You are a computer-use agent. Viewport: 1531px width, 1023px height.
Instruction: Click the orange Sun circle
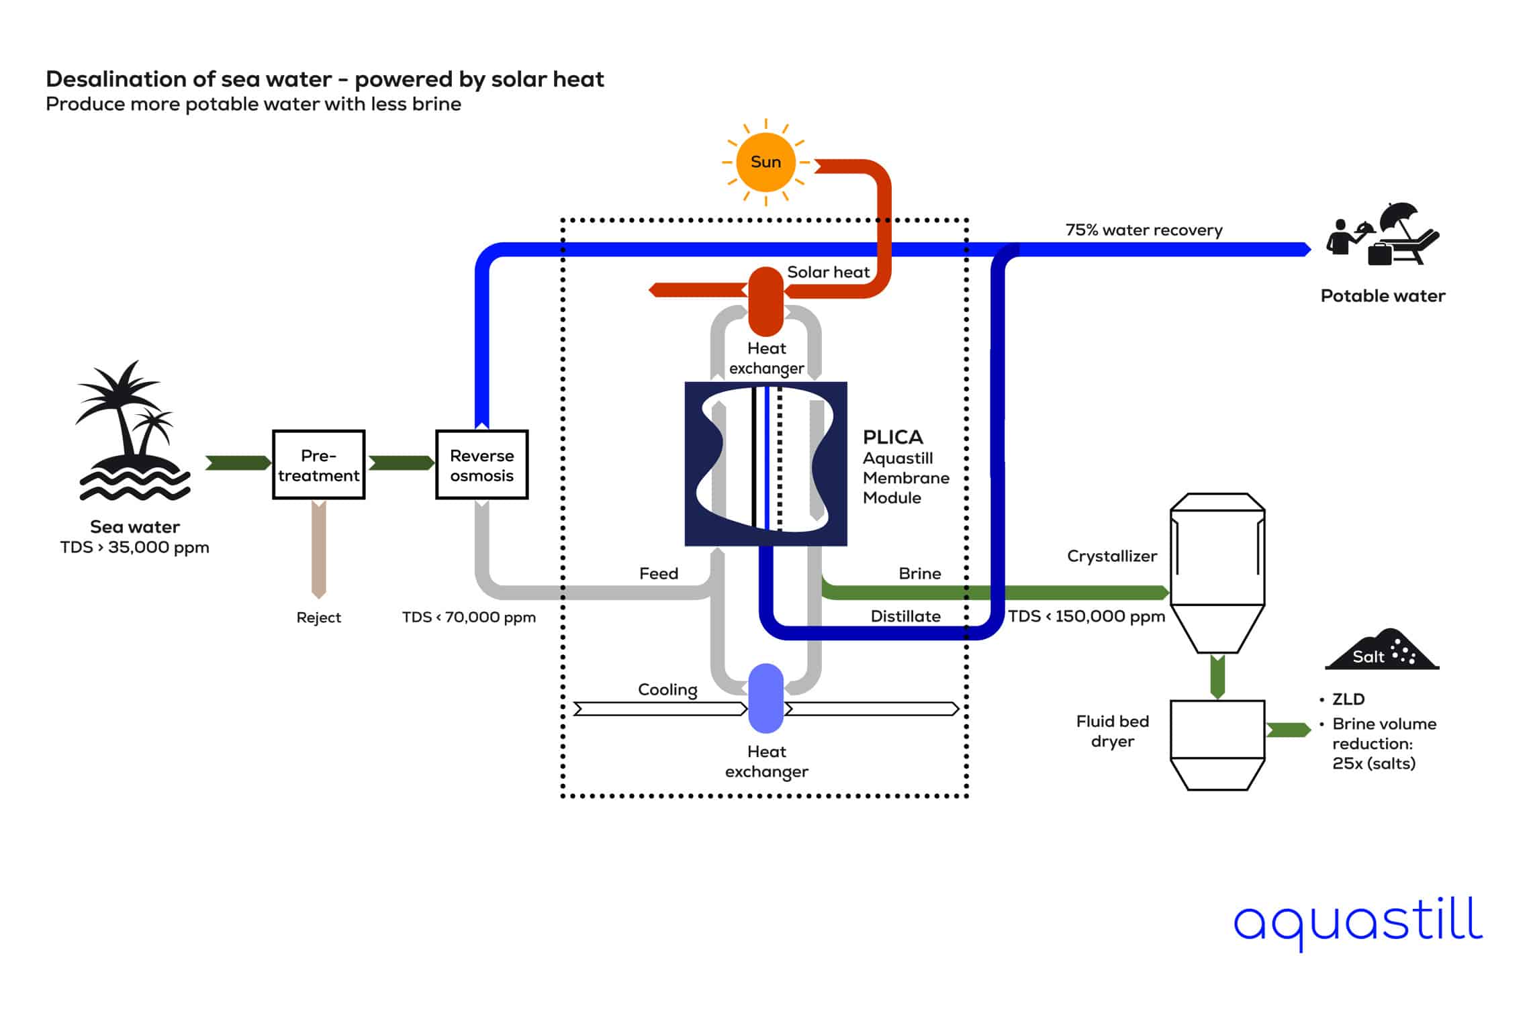tap(765, 162)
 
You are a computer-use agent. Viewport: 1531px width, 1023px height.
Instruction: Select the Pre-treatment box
tap(318, 465)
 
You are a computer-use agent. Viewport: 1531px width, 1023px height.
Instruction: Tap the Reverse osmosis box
tap(481, 465)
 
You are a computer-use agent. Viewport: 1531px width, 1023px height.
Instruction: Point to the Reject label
tap(318, 618)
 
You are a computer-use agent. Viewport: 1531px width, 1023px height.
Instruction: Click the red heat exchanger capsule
tap(765, 301)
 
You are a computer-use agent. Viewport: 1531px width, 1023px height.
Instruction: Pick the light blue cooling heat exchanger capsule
tap(765, 698)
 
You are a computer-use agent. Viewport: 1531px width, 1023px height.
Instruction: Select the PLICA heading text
tap(892, 437)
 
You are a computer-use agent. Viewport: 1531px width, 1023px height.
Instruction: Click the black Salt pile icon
tap(1381, 651)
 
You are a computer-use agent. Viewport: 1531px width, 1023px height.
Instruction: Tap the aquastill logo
tap(1357, 922)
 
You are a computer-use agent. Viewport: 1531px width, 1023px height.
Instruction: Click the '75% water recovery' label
tap(1144, 230)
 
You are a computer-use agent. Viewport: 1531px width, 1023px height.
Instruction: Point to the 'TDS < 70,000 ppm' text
tap(469, 618)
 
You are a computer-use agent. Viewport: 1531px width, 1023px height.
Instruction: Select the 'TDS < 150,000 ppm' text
tap(1086, 616)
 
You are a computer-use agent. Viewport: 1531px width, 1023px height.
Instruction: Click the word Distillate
tap(905, 616)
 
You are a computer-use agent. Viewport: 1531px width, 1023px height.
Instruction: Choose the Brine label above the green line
tap(919, 573)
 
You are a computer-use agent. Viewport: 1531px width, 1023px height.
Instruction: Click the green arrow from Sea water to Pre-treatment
tap(238, 463)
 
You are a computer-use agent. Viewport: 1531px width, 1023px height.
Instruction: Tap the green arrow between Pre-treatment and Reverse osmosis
tap(401, 463)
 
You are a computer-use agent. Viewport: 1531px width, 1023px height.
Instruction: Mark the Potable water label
tap(1382, 296)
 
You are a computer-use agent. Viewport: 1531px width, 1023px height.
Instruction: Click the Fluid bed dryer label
tap(1112, 731)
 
